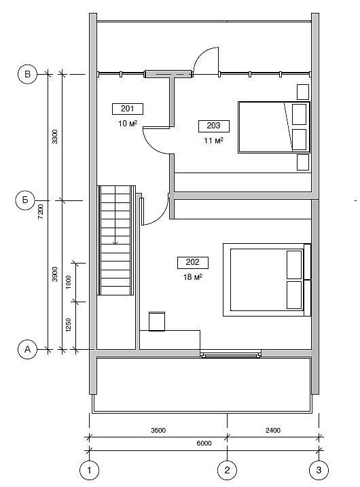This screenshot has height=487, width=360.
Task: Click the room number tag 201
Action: click(127, 109)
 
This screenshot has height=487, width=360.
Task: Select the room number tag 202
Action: click(193, 262)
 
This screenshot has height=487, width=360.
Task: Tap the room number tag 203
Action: click(214, 126)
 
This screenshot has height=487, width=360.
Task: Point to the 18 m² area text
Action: click(193, 276)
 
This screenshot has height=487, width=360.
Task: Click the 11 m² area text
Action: click(214, 141)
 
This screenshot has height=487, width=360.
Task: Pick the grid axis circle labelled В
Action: click(27, 74)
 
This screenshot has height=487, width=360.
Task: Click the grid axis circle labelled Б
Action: click(25, 200)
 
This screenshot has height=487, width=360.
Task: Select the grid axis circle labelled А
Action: click(27, 350)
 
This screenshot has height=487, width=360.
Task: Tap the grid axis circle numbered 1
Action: click(90, 470)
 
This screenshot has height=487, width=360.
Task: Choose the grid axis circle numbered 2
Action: click(227, 470)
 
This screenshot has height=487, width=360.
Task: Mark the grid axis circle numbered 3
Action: click(319, 470)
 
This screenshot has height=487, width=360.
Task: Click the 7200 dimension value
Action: click(41, 211)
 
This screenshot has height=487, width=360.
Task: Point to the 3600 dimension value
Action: click(158, 431)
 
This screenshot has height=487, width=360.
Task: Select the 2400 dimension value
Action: click(273, 431)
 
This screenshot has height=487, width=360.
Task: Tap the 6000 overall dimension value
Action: click(204, 444)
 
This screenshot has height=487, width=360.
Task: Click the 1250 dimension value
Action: click(69, 325)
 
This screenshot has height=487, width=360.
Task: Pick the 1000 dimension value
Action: click(69, 282)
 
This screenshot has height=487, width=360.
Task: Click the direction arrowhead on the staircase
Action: click(115, 243)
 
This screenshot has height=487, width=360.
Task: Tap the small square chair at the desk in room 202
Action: click(157, 321)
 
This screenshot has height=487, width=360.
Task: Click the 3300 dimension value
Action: click(54, 137)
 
